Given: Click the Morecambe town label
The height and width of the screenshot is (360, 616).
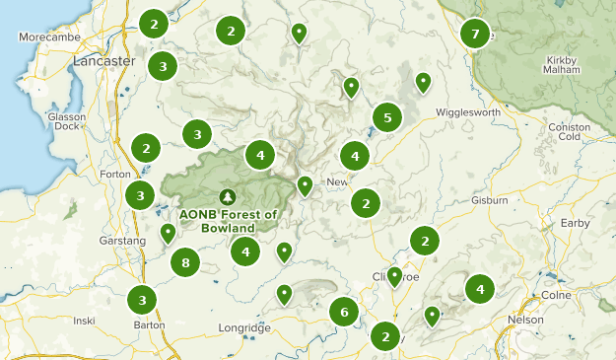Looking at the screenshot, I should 46,37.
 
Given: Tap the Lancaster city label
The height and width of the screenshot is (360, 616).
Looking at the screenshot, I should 103,61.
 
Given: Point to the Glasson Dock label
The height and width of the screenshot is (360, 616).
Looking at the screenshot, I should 67,121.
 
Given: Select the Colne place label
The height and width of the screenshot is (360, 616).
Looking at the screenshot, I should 556,295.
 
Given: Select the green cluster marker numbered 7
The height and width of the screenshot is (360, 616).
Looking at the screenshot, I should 475,34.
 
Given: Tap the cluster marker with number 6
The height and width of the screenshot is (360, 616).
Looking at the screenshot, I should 344,313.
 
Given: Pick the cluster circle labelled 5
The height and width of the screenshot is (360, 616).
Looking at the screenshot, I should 387,118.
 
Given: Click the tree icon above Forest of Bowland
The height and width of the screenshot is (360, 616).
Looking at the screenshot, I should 229,197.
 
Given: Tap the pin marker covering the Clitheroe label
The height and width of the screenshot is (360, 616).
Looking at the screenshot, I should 394,276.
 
